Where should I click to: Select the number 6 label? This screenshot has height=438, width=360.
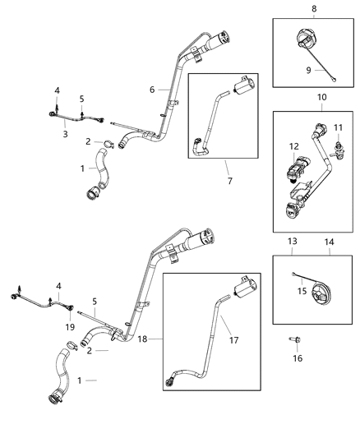point(152,90)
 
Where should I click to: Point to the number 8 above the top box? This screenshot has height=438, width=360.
point(314,8)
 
